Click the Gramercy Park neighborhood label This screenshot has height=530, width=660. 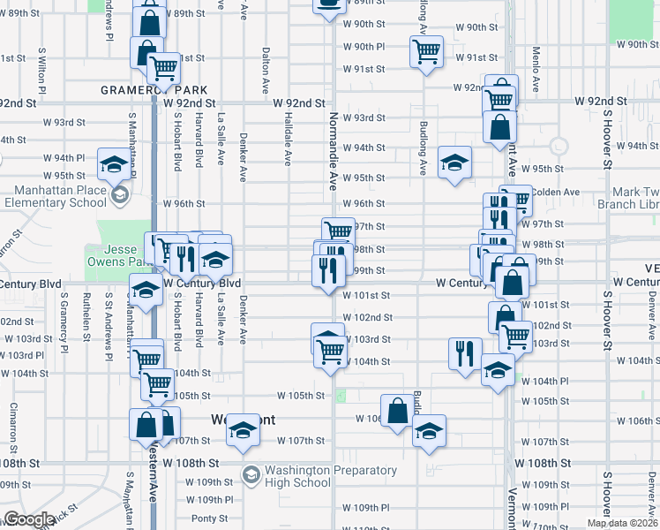click(154, 90)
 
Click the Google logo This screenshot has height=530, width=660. click(29, 519)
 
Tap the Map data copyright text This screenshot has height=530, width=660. click(622, 523)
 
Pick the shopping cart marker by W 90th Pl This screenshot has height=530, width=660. click(426, 51)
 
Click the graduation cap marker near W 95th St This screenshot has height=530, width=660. click(454, 163)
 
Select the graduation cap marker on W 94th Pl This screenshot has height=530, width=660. click(114, 163)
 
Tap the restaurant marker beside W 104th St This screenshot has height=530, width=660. click(464, 353)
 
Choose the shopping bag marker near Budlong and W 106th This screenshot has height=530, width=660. click(397, 410)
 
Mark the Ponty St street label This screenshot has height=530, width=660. click(209, 519)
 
